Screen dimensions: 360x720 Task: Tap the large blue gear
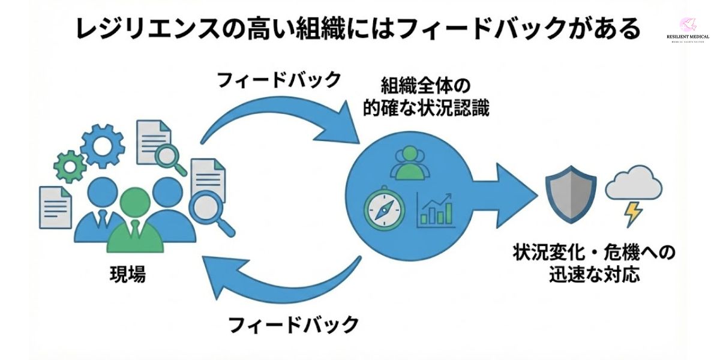[102, 145]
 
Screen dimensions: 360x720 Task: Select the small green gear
[69, 166]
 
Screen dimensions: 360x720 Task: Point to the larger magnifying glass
[212, 210]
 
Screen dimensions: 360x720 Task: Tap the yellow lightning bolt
[633, 214]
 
